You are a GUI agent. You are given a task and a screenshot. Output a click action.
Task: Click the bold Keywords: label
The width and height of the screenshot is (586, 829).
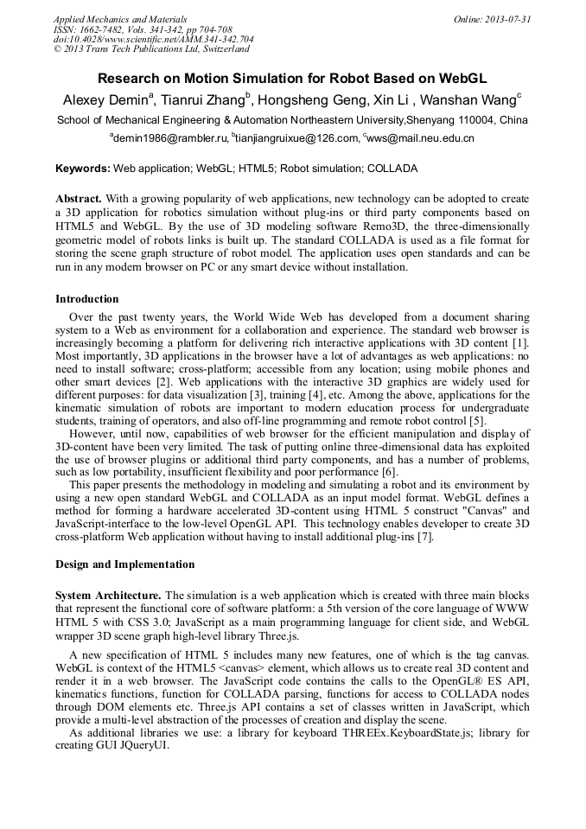tap(83, 168)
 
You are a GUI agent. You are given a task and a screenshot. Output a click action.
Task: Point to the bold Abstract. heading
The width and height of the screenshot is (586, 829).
tap(79, 198)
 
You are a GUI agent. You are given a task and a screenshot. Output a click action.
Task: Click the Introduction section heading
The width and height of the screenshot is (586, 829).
tap(87, 299)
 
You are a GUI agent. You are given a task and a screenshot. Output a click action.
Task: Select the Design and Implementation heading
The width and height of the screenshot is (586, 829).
tap(124, 564)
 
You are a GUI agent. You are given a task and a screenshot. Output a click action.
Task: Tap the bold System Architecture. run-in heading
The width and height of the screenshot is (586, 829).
tap(108, 596)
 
